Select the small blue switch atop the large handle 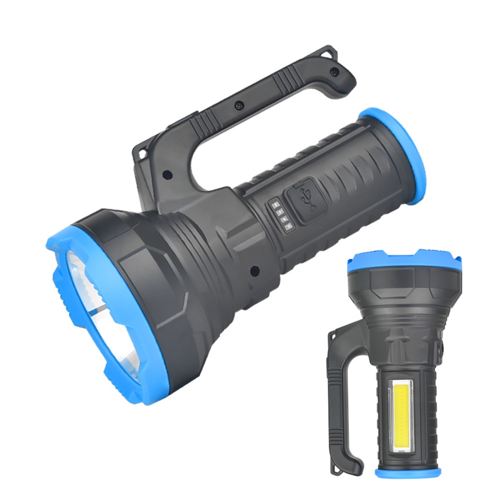pyautogui.click(x=186, y=116)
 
